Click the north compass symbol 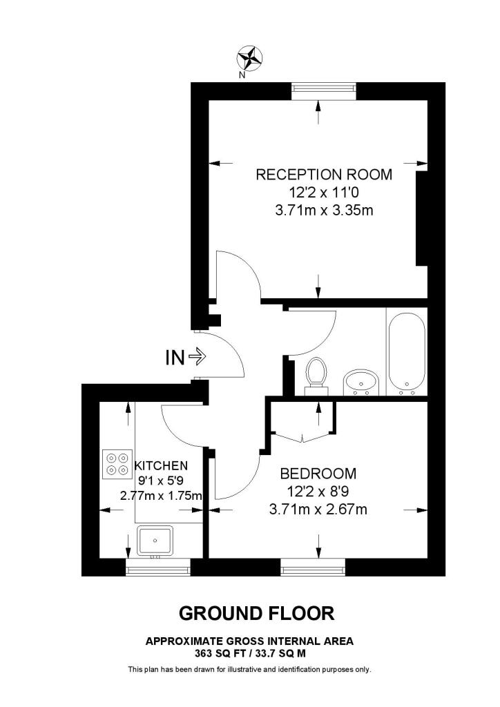pyautogui.click(x=250, y=57)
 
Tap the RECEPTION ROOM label pyautogui.click(x=324, y=175)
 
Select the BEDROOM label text pyautogui.click(x=318, y=474)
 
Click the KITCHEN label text pyautogui.click(x=161, y=466)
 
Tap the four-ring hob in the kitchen pyautogui.click(x=117, y=464)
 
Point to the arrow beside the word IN pyautogui.click(x=197, y=357)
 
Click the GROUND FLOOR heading pyautogui.click(x=256, y=613)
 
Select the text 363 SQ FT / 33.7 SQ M pyautogui.click(x=249, y=652)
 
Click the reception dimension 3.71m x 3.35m pyautogui.click(x=324, y=210)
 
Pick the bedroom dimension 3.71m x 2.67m pyautogui.click(x=318, y=510)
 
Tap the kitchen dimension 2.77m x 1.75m pyautogui.click(x=161, y=496)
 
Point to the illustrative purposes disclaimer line pyautogui.click(x=249, y=670)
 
